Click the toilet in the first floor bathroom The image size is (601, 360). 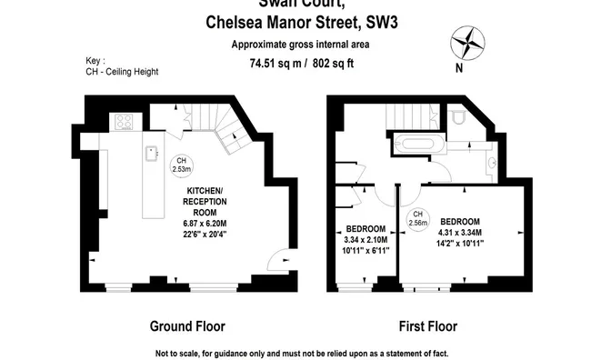(458, 119)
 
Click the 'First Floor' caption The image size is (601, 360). (426, 326)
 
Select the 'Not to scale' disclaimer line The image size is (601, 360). (301, 353)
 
